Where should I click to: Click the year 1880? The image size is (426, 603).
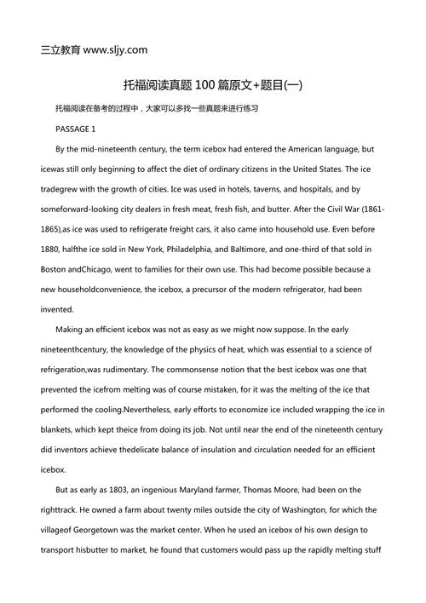[54, 250]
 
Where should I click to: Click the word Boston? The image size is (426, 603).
[55, 269]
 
